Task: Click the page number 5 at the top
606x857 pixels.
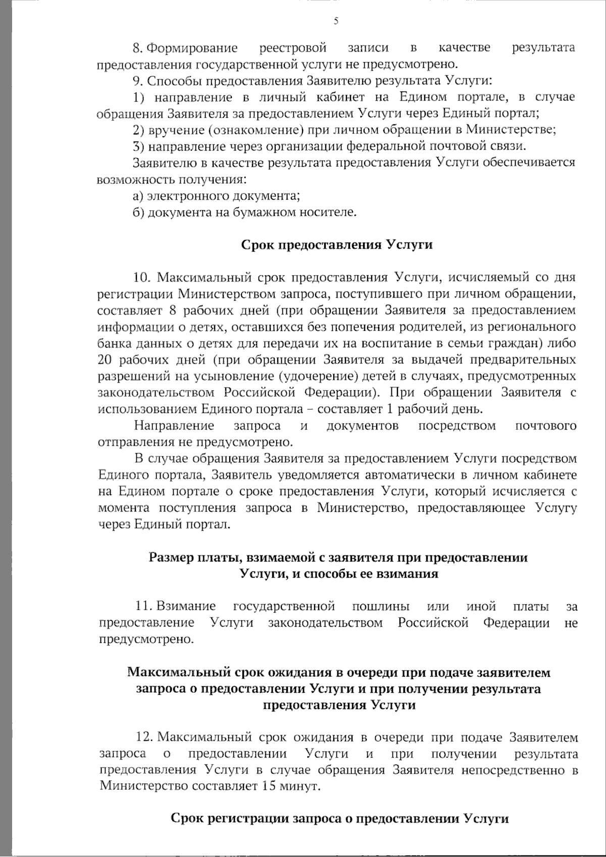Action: coord(336,21)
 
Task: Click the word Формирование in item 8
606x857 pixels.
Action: coord(192,48)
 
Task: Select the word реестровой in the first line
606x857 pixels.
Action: coord(293,48)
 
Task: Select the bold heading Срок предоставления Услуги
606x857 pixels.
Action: coord(337,245)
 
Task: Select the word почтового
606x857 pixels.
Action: coord(546,426)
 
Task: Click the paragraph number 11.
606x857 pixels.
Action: coord(144,606)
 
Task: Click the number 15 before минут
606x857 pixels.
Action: coord(270,787)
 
